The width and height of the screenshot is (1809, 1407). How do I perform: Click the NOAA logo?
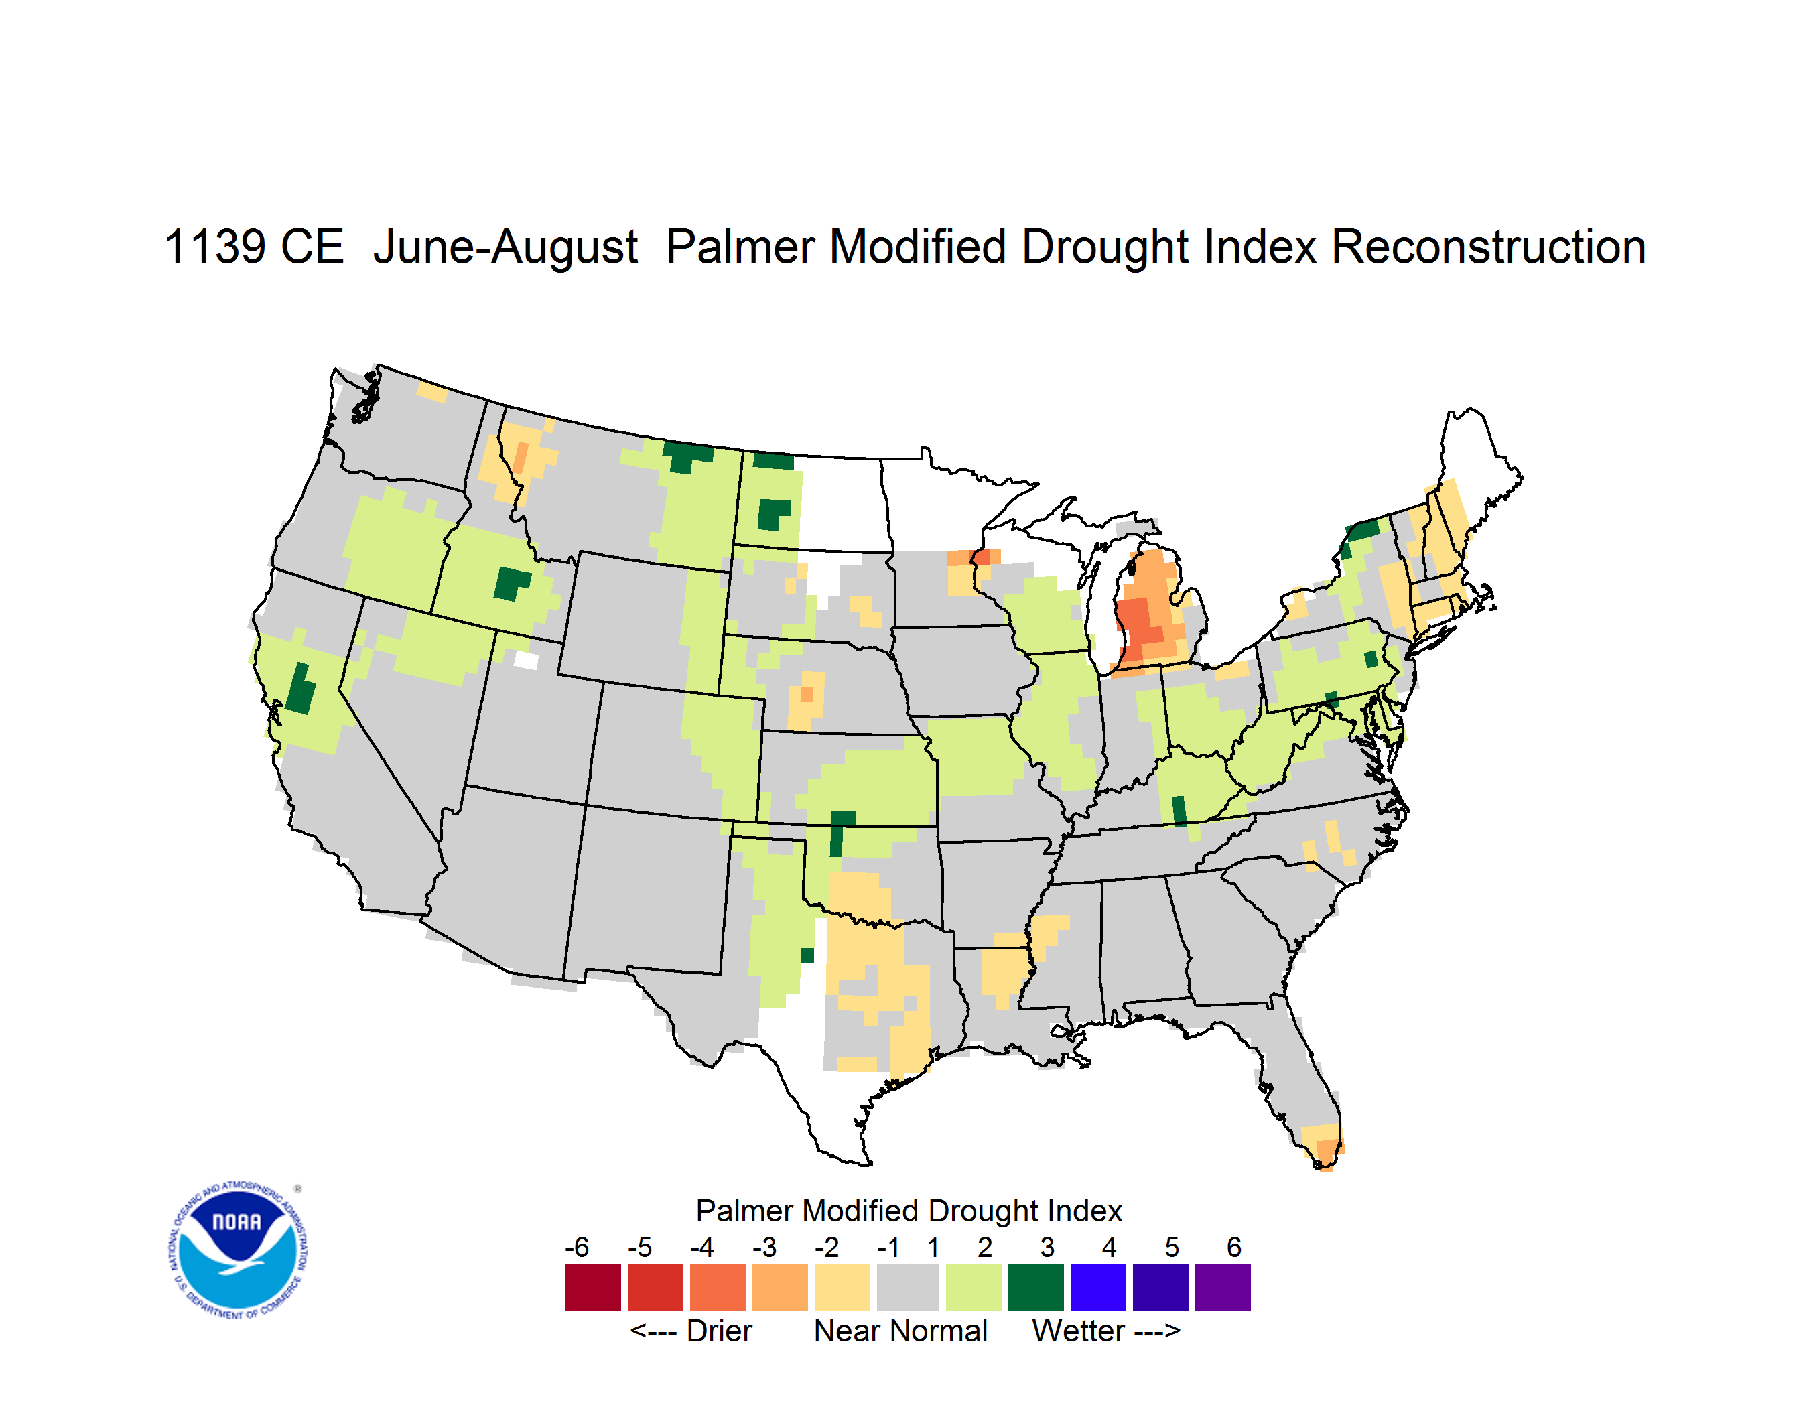(238, 1250)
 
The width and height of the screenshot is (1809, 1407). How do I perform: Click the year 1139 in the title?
(215, 247)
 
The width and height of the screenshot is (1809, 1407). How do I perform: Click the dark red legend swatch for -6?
(592, 1287)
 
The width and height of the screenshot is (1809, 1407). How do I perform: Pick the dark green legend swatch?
(1035, 1287)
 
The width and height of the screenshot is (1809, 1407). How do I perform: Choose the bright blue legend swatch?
(1098, 1287)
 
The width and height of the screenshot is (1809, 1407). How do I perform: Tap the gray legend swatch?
(908, 1287)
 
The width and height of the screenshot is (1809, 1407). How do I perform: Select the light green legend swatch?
(974, 1287)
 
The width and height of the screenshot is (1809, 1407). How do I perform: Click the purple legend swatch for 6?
(1223, 1287)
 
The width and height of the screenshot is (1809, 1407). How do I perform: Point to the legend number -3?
(764, 1247)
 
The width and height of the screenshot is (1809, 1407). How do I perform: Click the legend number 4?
(1109, 1247)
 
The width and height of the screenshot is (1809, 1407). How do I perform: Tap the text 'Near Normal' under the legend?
(900, 1331)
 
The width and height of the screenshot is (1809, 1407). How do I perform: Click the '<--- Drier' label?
(691, 1331)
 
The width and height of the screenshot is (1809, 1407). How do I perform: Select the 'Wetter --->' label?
(1105, 1331)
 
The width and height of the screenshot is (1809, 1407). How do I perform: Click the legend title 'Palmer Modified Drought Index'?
(909, 1211)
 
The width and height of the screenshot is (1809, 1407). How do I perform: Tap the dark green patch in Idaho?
(511, 584)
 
